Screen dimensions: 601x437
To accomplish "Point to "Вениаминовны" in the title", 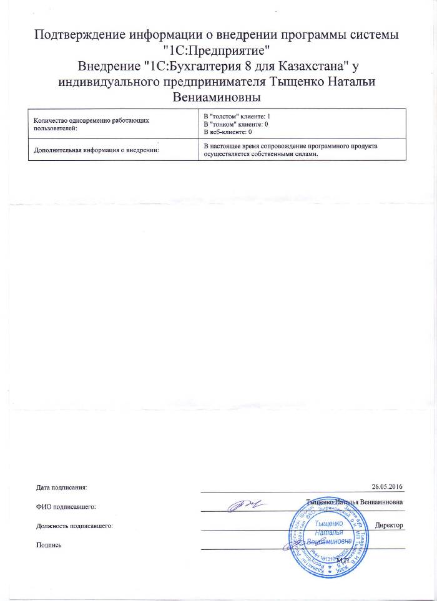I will tap(218, 98).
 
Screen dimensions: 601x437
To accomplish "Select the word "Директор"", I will tap(390, 526).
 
